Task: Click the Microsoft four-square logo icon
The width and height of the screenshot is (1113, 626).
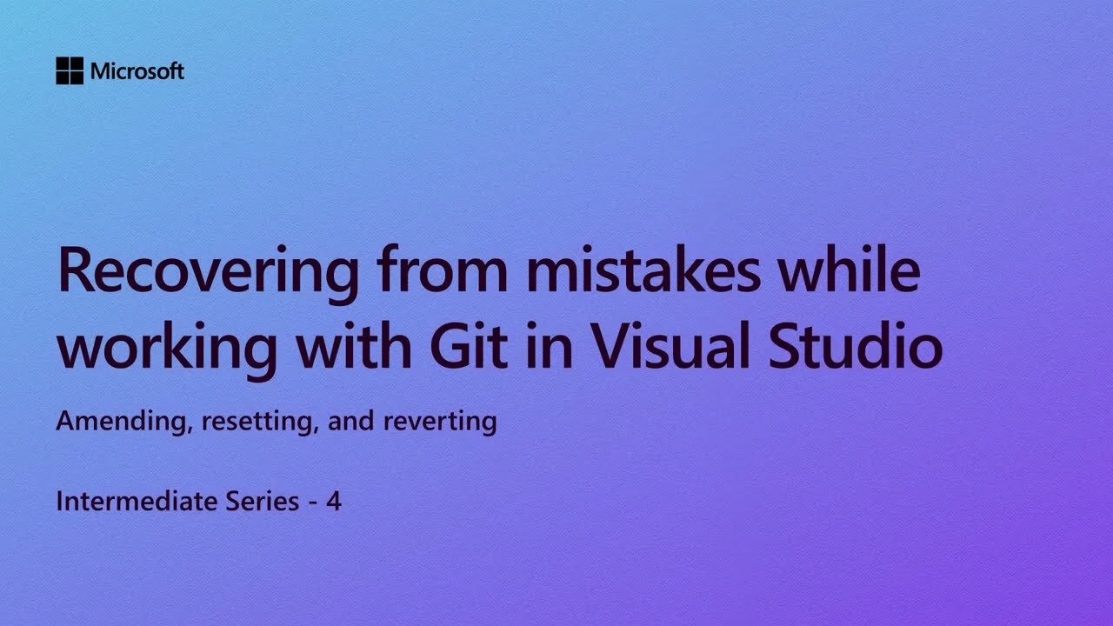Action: coord(70,71)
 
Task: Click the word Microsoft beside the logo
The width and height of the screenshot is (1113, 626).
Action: coord(137,71)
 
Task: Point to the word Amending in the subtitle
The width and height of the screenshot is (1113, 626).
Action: coord(125,423)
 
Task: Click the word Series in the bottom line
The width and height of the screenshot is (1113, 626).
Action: coord(256,501)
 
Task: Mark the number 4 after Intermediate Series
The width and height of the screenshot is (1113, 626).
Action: coord(334,501)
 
